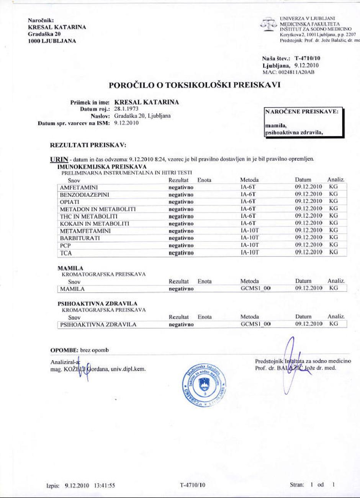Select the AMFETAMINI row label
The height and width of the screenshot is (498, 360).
pos(79,188)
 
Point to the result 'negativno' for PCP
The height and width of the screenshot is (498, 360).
pos(181,245)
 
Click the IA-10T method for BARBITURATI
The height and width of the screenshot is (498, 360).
pos(250,238)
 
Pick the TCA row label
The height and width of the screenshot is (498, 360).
pos(66,253)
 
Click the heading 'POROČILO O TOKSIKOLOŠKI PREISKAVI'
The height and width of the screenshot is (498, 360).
pos(195,85)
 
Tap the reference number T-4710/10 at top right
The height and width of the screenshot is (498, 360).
pos(308,59)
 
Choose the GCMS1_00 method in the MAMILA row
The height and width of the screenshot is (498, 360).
pos(255,288)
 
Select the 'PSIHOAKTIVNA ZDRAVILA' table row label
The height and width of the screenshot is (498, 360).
pos(98,325)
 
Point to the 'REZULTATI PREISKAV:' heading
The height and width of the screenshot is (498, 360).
pos(88,145)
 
